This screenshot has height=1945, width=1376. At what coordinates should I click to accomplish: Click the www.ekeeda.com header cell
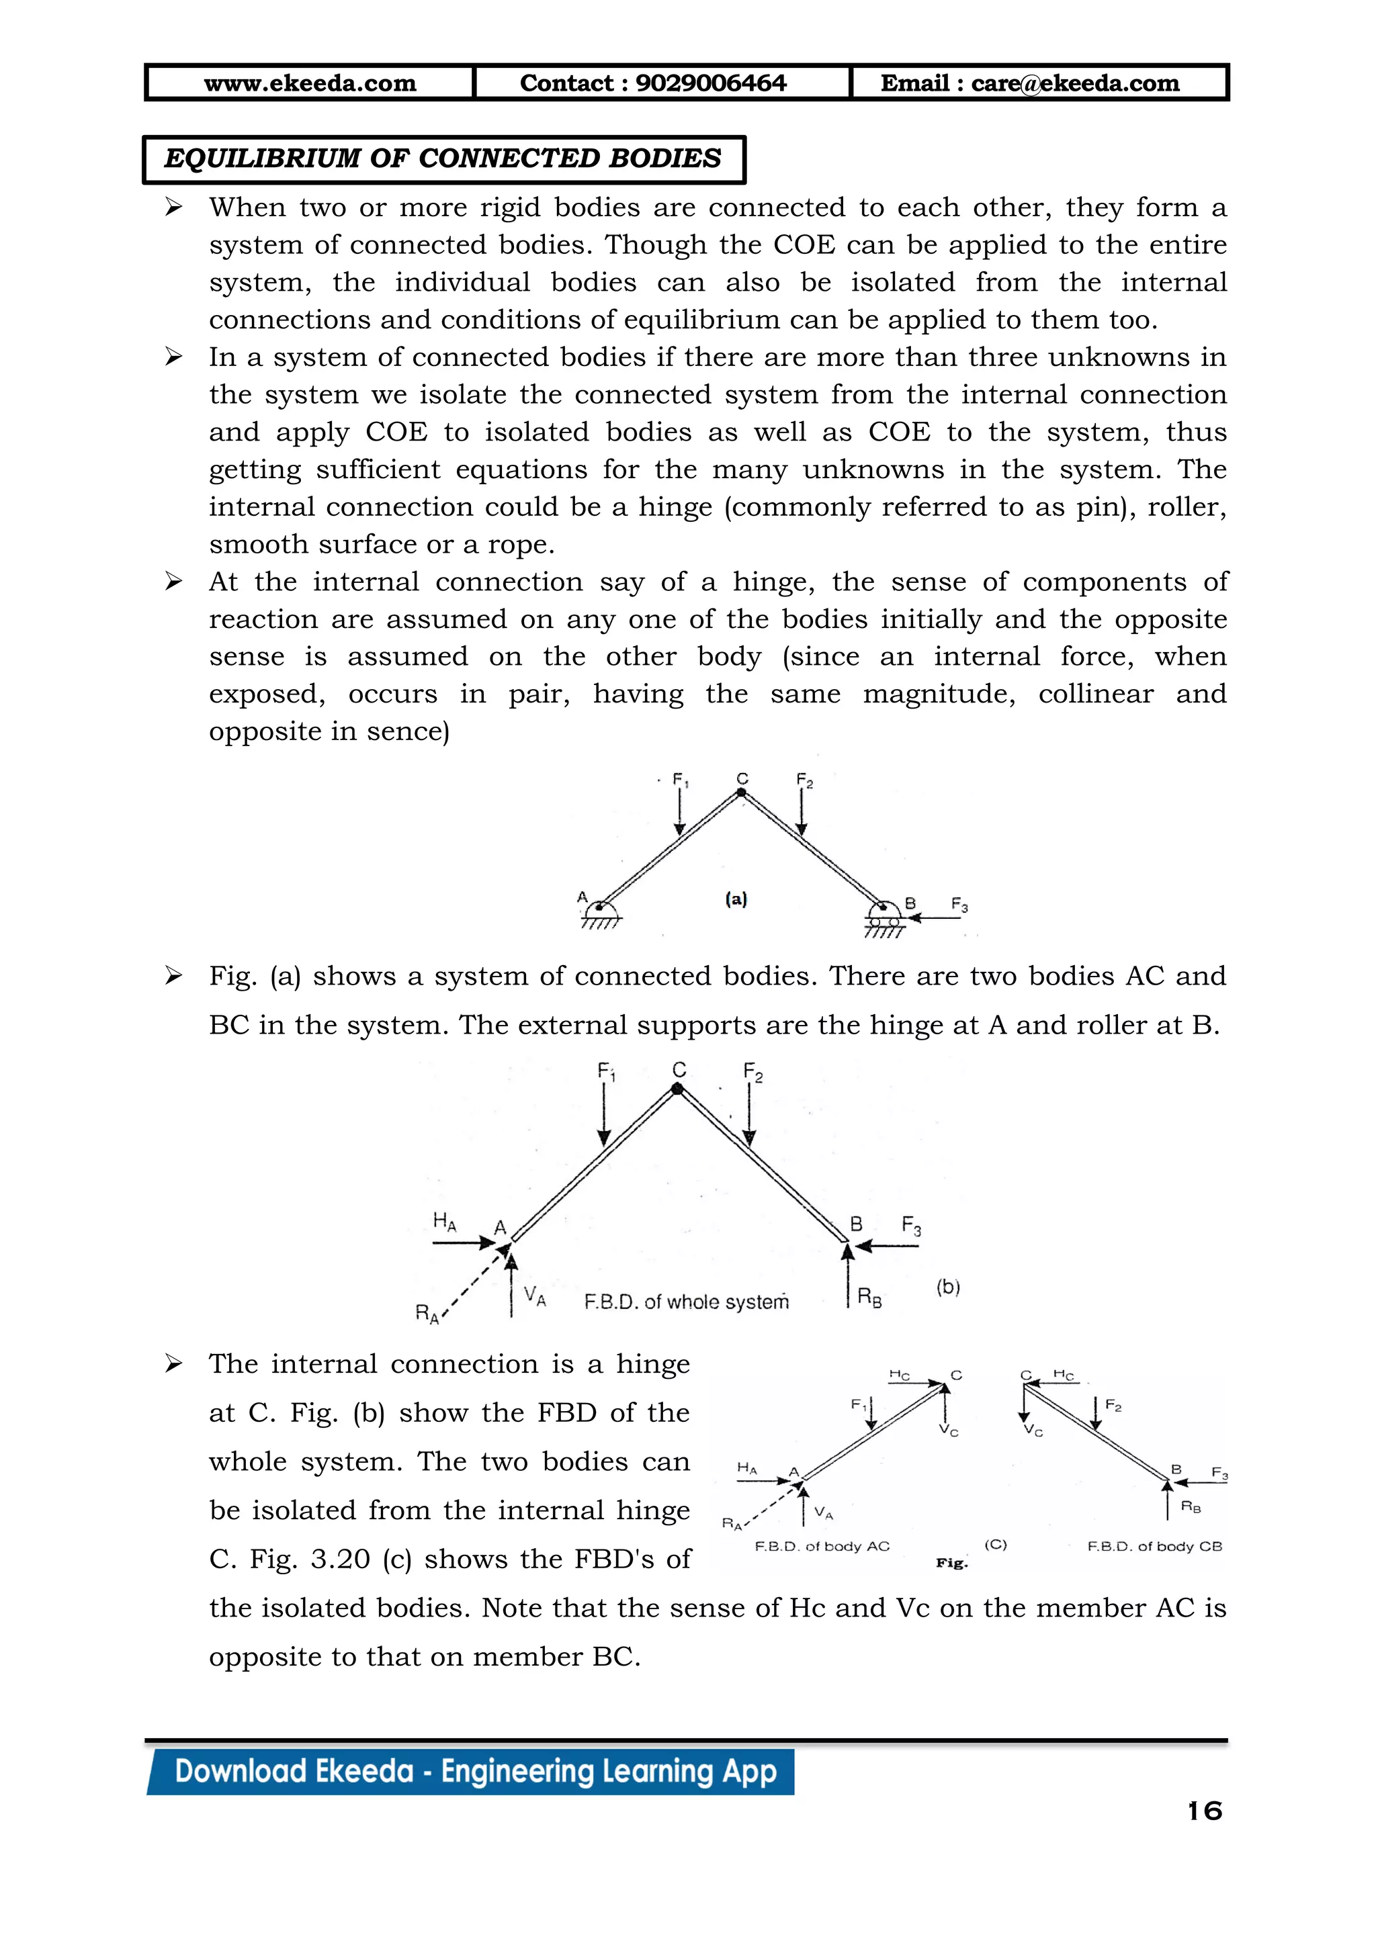click(310, 83)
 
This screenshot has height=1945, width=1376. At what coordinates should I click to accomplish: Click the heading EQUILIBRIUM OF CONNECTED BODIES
click(442, 159)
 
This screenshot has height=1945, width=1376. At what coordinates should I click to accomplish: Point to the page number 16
click(1204, 1811)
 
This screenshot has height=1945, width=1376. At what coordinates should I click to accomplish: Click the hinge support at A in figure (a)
click(600, 911)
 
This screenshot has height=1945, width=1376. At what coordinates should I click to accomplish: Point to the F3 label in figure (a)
click(959, 905)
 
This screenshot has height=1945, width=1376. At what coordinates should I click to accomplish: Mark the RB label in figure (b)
click(869, 1297)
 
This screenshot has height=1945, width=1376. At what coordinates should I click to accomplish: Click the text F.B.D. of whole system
click(686, 1302)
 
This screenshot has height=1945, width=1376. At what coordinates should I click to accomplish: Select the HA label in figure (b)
click(444, 1221)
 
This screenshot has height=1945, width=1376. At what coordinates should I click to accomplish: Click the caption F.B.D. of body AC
click(822, 1546)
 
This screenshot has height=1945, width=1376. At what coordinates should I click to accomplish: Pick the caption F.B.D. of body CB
click(1154, 1546)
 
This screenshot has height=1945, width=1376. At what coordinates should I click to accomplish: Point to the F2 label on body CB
click(1113, 1406)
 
